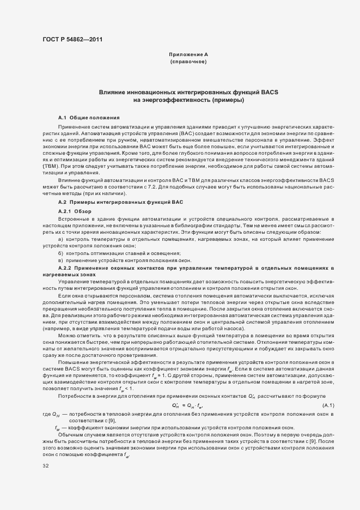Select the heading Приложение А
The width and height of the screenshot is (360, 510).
click(188, 55)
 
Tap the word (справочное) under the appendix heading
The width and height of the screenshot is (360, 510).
click(188, 62)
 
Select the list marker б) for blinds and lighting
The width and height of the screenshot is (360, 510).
click(61, 254)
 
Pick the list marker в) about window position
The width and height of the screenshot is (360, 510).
click(61, 261)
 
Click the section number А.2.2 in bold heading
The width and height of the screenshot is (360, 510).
click(65, 269)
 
